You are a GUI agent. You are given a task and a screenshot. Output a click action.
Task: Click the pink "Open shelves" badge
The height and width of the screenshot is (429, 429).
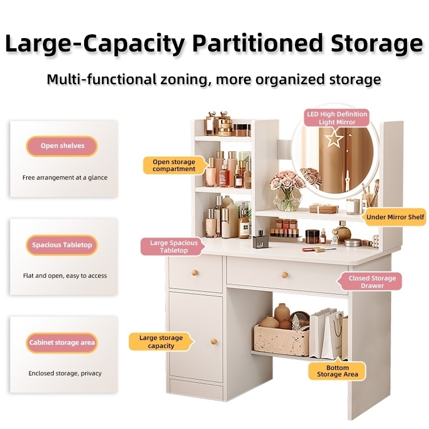click(62, 146)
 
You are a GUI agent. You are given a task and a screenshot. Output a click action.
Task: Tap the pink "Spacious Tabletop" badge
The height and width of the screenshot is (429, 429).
click(62, 245)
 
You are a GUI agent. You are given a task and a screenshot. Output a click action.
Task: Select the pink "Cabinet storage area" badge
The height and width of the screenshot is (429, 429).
click(62, 343)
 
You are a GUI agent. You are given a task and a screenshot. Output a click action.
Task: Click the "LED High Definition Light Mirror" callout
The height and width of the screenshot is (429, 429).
click(337, 118)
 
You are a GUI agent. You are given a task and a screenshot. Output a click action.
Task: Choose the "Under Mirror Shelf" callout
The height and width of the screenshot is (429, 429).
click(395, 217)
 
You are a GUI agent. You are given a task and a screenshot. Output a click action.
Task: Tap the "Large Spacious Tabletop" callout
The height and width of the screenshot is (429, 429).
click(169, 247)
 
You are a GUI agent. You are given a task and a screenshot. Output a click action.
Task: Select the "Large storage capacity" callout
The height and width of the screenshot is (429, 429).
click(160, 342)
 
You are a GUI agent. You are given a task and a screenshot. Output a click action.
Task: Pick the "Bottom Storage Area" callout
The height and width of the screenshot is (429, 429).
click(337, 371)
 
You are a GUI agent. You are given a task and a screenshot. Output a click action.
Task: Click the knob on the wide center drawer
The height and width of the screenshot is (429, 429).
click(284, 275)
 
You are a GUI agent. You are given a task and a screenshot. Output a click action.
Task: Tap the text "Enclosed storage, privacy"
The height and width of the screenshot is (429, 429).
click(65, 373)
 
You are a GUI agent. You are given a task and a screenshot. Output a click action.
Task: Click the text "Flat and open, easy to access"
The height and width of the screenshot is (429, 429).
click(65, 276)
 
